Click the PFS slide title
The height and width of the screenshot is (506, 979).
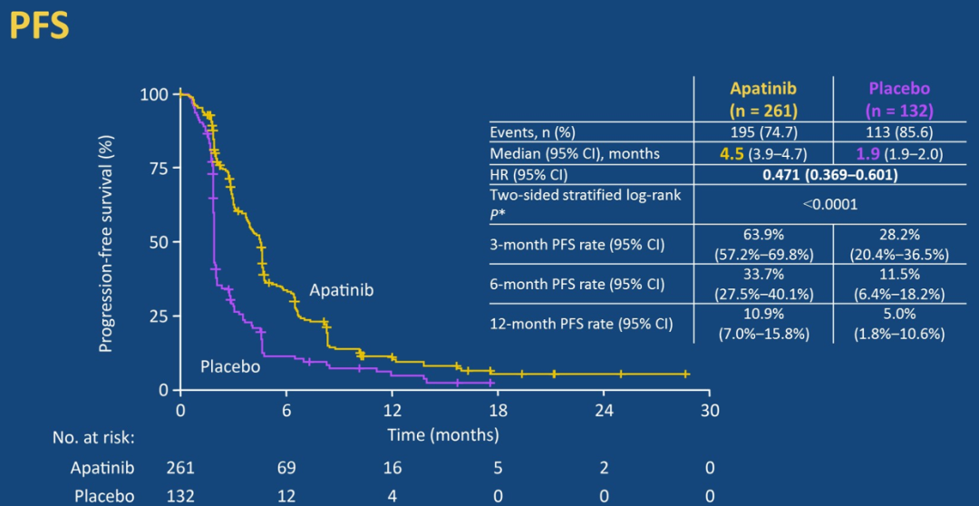[39, 27]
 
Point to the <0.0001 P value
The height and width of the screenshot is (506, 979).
[829, 204]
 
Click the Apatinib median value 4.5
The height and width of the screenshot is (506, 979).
[731, 153]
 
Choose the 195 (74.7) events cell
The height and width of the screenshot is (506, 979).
[763, 132]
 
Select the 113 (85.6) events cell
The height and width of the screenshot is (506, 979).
[898, 132]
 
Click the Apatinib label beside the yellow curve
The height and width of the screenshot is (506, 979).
[341, 290]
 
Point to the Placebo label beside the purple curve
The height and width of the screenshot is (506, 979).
[230, 366]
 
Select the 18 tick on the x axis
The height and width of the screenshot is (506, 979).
[499, 410]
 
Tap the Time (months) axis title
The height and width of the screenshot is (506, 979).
[443, 434]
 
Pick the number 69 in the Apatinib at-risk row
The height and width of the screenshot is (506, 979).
[287, 468]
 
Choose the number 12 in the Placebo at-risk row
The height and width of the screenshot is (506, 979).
[287, 496]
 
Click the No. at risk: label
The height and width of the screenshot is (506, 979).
[93, 437]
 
